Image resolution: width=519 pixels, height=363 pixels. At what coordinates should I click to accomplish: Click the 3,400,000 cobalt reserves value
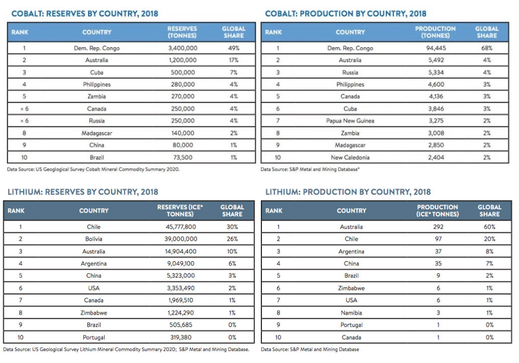(182, 48)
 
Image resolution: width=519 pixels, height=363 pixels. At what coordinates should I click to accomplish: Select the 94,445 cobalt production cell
(436, 48)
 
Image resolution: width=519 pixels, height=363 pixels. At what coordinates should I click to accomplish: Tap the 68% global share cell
(487, 48)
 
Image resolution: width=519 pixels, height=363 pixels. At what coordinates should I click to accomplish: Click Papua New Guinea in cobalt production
(350, 121)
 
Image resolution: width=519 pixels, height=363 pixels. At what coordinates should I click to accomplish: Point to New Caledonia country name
(350, 158)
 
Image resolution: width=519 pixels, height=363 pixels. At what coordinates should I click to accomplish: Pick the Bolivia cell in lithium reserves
(94, 239)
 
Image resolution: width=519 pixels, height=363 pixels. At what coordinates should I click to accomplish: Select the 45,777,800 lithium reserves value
(181, 227)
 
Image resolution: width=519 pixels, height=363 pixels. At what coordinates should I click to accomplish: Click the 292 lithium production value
(438, 227)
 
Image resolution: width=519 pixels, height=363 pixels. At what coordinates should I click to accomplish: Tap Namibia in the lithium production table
(351, 313)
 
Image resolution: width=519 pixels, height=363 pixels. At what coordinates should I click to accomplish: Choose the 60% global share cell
(489, 227)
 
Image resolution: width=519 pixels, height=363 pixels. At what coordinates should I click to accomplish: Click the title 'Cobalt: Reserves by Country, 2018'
(85, 13)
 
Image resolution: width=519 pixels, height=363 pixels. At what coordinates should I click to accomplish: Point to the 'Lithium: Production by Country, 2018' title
(348, 192)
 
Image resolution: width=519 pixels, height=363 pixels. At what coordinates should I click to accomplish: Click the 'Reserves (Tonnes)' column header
(182, 32)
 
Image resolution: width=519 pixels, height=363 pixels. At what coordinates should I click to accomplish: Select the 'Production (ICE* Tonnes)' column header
(437, 210)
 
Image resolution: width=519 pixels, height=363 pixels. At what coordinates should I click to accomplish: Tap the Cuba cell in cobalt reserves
(97, 72)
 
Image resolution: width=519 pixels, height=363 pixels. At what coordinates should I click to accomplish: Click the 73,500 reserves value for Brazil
(182, 158)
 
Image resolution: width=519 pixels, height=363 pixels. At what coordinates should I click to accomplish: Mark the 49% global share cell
(233, 48)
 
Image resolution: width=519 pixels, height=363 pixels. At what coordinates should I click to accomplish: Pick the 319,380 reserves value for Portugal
(181, 338)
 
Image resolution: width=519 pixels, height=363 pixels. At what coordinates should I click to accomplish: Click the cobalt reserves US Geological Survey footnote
(93, 169)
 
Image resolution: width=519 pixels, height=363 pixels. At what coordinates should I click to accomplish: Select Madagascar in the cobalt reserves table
(97, 133)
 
